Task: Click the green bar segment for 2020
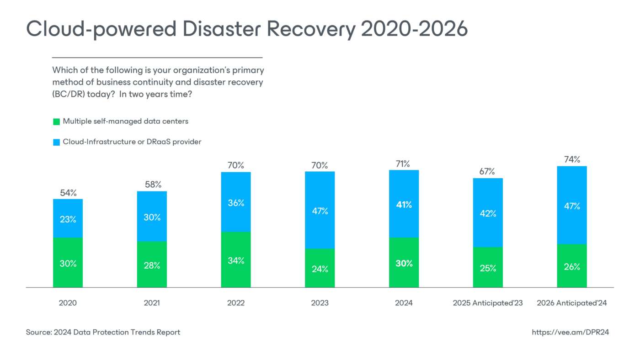68,263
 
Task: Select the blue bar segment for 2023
320,210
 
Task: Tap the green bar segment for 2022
236,260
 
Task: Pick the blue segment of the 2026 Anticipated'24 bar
572,205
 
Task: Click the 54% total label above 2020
68,192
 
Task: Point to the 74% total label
572,159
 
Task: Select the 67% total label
488,171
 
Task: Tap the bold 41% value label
404,205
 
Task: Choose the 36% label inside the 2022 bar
236,203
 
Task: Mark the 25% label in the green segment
488,268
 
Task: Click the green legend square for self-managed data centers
56,122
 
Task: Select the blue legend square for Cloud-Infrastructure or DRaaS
56,142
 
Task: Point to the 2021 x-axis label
152,303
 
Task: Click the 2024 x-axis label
404,303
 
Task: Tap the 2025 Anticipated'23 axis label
488,303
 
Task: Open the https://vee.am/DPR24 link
570,332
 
